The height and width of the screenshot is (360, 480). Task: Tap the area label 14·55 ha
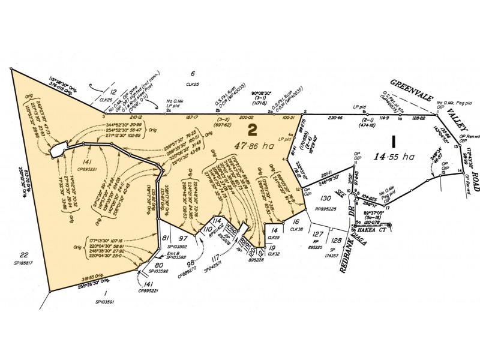coord(394,157)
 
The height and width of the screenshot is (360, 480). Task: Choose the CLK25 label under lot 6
coord(192,85)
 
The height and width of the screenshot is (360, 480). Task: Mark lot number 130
coord(326,198)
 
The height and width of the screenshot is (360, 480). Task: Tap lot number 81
coord(166,238)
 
